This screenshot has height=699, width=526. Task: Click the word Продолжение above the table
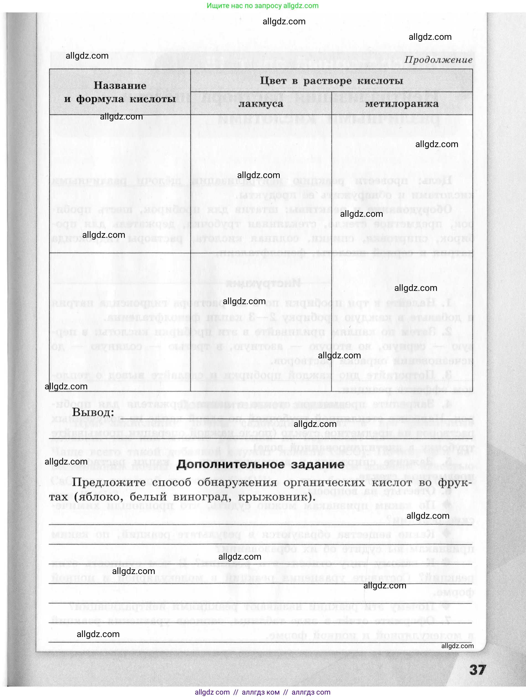coord(438,60)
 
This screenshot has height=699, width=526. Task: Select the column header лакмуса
coord(261,104)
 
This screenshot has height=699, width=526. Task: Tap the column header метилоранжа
coord(402,104)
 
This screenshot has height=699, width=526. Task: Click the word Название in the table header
coord(120,85)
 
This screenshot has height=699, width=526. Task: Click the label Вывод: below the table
coord(93,412)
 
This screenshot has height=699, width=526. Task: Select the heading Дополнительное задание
coord(260,464)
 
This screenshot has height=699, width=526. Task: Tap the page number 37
coord(477,670)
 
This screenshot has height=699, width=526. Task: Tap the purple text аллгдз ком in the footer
coord(261,692)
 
